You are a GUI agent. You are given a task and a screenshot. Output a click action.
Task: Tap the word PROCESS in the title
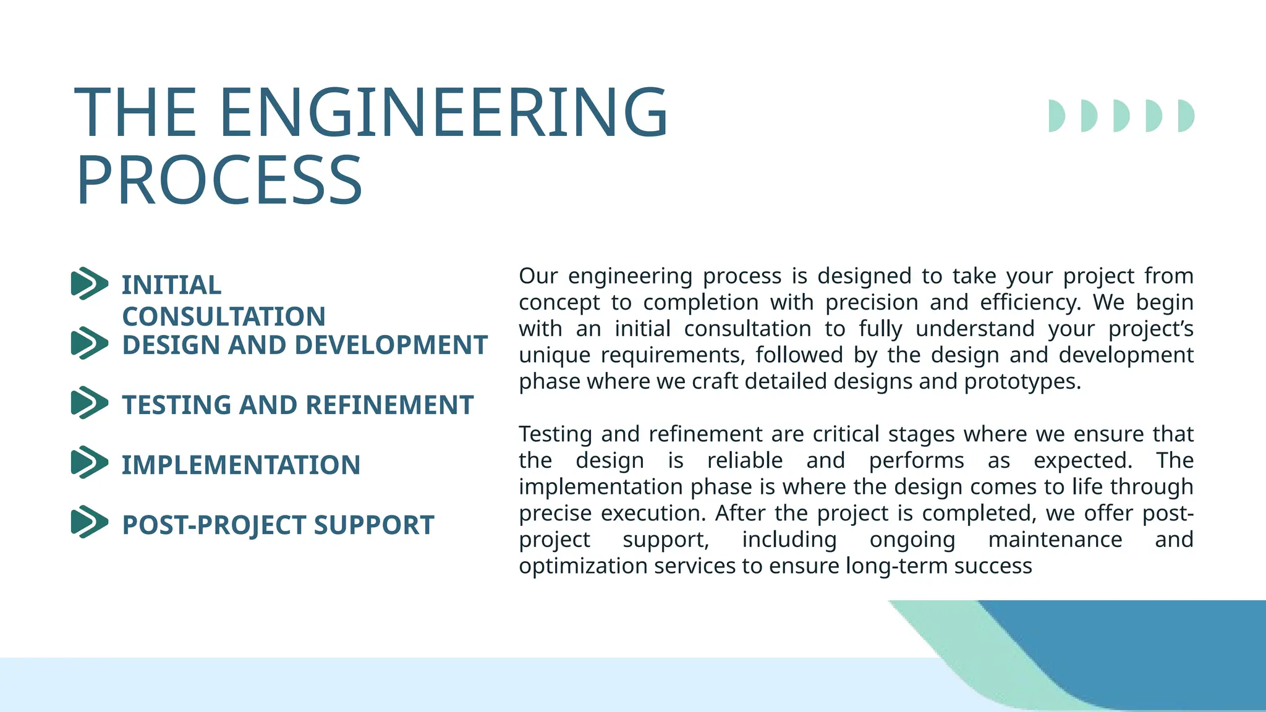pyautogui.click(x=219, y=181)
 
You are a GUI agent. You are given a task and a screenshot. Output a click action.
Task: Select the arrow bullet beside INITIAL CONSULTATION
pyautogui.click(x=90, y=284)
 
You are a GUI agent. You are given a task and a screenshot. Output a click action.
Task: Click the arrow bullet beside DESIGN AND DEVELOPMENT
pyautogui.click(x=90, y=344)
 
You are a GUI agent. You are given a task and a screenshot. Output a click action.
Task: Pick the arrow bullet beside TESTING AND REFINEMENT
pyautogui.click(x=90, y=404)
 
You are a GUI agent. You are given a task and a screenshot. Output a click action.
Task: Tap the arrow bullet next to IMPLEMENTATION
pyautogui.click(x=90, y=463)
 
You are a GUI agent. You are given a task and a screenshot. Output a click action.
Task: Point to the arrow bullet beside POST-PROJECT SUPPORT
pyautogui.click(x=90, y=522)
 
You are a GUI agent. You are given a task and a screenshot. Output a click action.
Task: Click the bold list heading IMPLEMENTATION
pyautogui.click(x=241, y=465)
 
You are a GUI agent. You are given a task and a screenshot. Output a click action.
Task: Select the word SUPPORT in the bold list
pyautogui.click(x=374, y=525)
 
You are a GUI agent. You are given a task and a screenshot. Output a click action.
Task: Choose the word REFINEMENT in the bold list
pyautogui.click(x=389, y=405)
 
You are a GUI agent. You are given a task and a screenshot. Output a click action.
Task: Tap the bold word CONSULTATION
pyautogui.click(x=224, y=316)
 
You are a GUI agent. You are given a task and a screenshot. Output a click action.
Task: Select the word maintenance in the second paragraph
pyautogui.click(x=1055, y=540)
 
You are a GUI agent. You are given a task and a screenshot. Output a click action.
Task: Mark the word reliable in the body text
pyautogui.click(x=745, y=460)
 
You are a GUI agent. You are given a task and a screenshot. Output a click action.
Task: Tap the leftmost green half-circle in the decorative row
pyautogui.click(x=1056, y=116)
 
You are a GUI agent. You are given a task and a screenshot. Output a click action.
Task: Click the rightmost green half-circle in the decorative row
pyautogui.click(x=1186, y=116)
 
